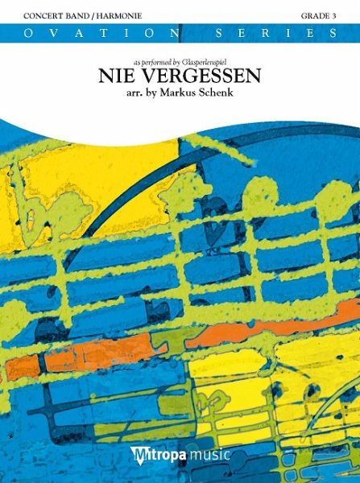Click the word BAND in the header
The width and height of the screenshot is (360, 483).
tap(58, 16)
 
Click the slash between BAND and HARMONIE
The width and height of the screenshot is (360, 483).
tap(72, 16)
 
